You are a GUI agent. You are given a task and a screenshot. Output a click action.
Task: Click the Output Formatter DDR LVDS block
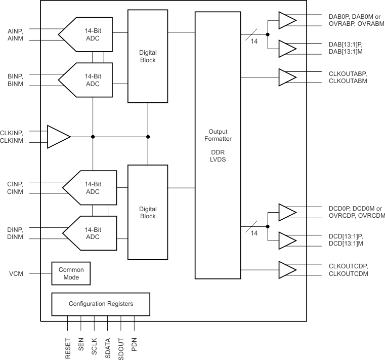[217, 144]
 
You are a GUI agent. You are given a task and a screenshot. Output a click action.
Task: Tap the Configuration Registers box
[101, 304]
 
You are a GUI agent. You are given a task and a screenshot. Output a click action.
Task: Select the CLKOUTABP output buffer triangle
[287, 77]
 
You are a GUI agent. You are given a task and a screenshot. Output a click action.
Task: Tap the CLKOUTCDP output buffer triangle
[287, 270]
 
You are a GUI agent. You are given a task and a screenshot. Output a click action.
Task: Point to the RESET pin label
[68, 349]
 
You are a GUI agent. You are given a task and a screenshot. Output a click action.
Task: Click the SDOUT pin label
[121, 349]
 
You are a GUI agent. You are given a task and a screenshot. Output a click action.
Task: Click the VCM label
[14, 274]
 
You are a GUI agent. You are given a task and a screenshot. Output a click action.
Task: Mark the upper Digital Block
[148, 56]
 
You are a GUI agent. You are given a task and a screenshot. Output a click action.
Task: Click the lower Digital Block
[148, 212]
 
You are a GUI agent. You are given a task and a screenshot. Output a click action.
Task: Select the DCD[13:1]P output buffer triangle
[287, 241]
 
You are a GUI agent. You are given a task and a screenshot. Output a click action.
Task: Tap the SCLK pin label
[95, 349]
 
